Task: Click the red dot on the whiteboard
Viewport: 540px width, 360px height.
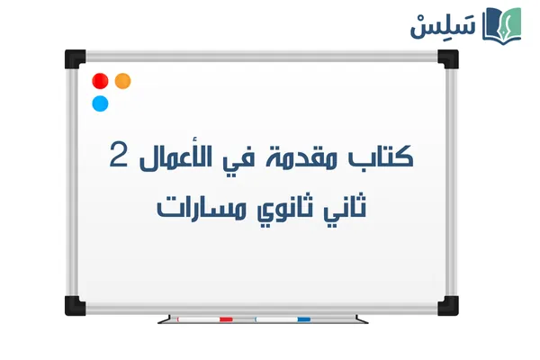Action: click(x=101, y=81)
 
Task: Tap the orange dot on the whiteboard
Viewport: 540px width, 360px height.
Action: click(x=122, y=81)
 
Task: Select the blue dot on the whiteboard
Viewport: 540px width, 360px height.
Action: click(x=101, y=103)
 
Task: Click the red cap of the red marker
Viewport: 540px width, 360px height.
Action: click(x=226, y=319)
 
